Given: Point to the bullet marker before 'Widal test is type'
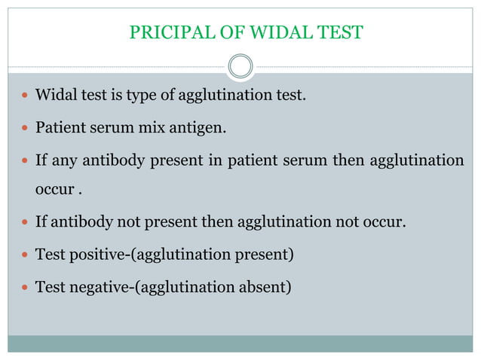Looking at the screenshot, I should (24, 97).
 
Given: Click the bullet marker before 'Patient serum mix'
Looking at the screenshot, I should (24, 129).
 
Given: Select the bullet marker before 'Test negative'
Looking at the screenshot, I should (24, 287).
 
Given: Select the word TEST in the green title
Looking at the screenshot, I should (341, 32).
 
